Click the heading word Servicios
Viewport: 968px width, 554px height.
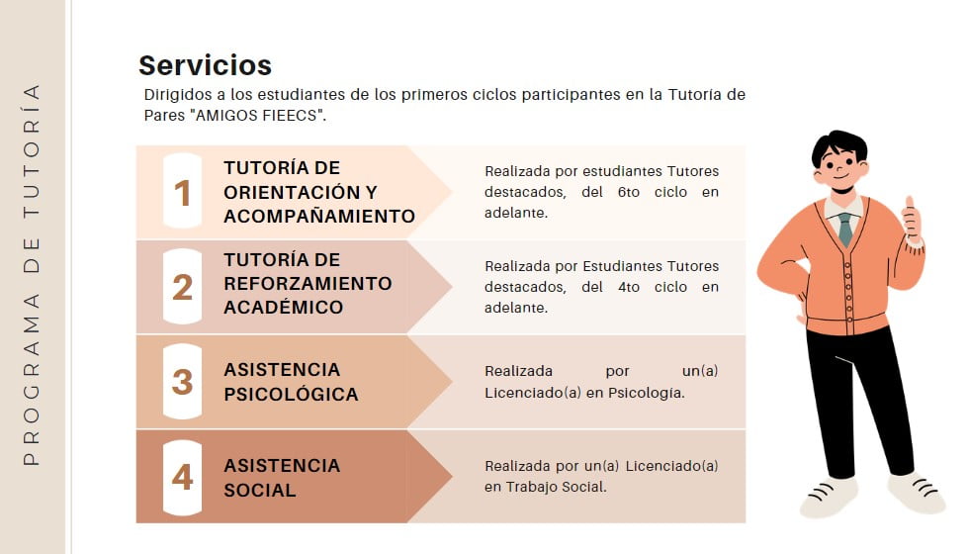point(205,65)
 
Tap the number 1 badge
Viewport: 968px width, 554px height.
point(182,192)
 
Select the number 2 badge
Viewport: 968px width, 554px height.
point(182,287)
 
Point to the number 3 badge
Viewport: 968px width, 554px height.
point(182,382)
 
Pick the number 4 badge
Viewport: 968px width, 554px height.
point(182,477)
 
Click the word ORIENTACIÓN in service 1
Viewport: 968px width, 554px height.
point(292,192)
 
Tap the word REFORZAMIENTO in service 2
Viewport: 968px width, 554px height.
point(308,284)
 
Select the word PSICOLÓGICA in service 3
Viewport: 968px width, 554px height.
point(291,394)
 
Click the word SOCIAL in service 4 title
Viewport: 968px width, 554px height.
point(260,490)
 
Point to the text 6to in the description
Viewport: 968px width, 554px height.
point(629,192)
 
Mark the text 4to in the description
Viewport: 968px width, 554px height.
point(629,287)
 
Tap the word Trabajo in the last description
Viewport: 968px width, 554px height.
point(530,487)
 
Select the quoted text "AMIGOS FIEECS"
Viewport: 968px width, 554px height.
point(260,116)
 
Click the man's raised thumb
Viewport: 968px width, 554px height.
point(910,203)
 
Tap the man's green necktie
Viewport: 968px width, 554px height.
point(845,230)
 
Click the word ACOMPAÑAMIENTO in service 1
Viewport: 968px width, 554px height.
point(319,217)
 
